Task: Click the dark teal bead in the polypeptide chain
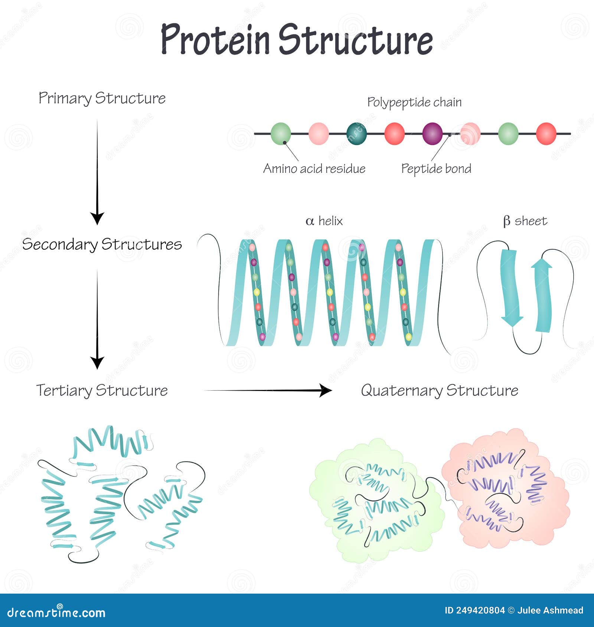356,134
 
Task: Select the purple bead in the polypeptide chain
433,134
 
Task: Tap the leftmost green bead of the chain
281,134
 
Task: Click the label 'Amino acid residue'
314,169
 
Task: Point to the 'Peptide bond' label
436,169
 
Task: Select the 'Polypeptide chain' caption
414,102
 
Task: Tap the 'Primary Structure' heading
102,99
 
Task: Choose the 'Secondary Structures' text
102,244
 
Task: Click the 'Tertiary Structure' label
102,391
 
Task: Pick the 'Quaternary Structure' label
440,391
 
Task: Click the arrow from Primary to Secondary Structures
97,172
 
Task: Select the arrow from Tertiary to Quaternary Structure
268,390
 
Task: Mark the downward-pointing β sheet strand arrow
510,288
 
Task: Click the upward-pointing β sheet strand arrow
543,295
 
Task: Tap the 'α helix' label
324,221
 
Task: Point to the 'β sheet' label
525,221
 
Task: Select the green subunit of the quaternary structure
377,501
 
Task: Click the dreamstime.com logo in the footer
56,613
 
